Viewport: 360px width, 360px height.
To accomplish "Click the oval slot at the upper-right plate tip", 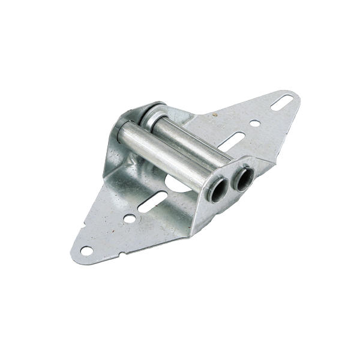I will pyautogui.click(x=282, y=103).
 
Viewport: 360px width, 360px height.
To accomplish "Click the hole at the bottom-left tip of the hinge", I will pyautogui.click(x=86, y=250).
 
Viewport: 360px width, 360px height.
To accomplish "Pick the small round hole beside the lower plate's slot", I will pyautogui.click(x=130, y=218).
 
